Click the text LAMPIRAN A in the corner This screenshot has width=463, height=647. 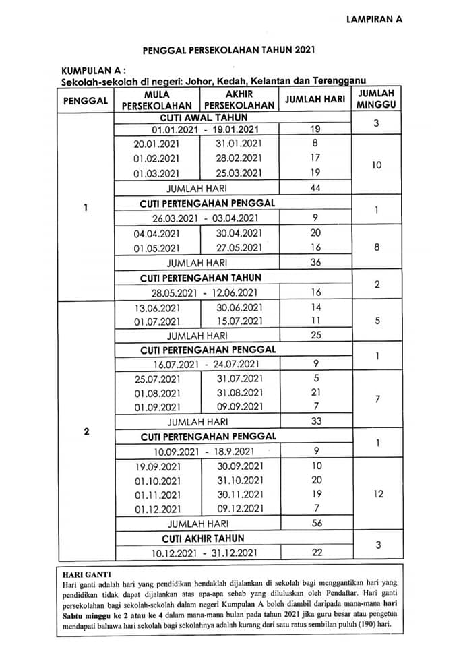374,20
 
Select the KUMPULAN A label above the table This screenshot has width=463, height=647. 93,70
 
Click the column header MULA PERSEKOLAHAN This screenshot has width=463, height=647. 157,100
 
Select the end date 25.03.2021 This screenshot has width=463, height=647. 239,173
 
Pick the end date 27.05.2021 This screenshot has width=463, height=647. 239,247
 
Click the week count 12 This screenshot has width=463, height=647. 378,494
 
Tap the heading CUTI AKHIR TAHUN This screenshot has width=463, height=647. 203,538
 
